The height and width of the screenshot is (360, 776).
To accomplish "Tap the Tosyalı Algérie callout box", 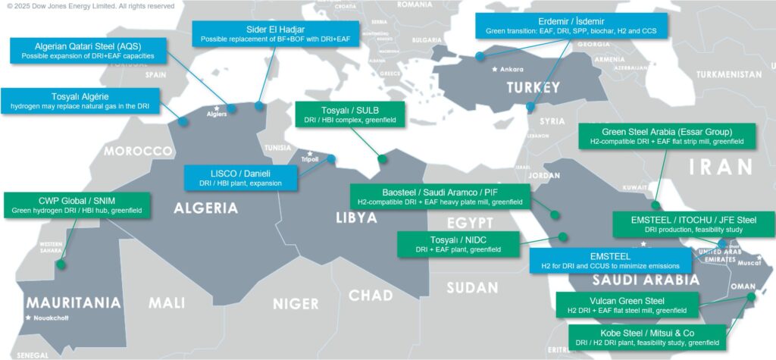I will point(80,100).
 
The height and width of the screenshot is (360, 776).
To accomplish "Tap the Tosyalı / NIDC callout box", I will point(458,244).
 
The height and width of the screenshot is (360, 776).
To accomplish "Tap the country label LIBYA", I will point(355,218).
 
